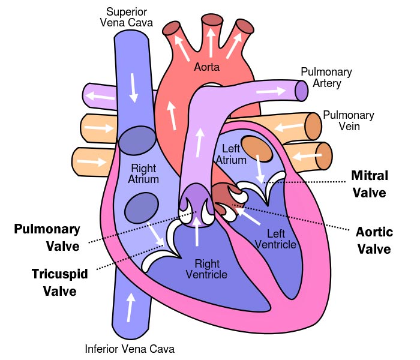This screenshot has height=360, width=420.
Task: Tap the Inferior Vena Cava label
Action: pos(130,349)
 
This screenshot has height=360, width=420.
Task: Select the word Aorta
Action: pos(207,67)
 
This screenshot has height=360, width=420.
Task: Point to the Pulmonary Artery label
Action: pos(326,77)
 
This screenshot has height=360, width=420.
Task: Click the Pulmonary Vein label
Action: pos(348,121)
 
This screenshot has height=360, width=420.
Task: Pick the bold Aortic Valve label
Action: pos(373,240)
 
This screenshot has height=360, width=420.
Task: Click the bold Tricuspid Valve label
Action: pos(60,283)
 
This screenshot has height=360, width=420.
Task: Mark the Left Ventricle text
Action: pos(275,239)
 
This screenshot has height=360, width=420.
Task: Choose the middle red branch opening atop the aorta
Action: pos(212,19)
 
